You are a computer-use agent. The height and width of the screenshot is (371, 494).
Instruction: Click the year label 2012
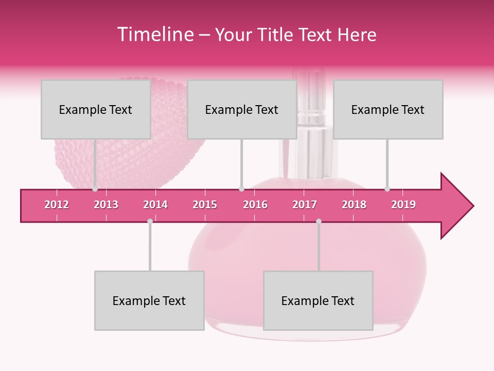point(57,205)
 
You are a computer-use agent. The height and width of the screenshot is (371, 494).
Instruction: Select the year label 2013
point(106,205)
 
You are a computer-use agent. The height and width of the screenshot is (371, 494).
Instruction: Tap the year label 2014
point(155,205)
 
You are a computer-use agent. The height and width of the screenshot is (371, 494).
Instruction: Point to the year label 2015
point(205,205)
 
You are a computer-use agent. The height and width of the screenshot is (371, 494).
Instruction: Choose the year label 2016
point(255,205)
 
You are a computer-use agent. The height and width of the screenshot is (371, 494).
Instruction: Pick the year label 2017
point(305,205)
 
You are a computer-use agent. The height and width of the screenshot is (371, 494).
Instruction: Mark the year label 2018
point(354,205)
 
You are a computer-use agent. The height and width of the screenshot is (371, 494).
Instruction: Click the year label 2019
point(403,205)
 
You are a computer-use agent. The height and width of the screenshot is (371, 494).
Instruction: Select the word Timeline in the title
point(154,35)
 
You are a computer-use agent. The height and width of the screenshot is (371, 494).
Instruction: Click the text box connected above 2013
point(96,109)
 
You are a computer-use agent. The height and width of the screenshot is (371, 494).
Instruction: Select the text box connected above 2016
point(242,109)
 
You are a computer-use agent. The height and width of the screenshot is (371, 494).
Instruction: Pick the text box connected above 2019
point(388,109)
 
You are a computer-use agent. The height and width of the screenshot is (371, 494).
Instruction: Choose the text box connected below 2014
point(149,300)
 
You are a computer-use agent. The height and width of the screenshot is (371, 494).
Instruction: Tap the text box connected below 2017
point(318,300)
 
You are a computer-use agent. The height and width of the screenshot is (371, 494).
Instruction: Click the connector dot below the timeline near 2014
point(150,221)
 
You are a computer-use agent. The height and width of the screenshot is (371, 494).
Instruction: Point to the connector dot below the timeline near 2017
point(319,221)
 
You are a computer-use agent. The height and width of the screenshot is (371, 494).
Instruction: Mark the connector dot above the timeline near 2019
point(387,189)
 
